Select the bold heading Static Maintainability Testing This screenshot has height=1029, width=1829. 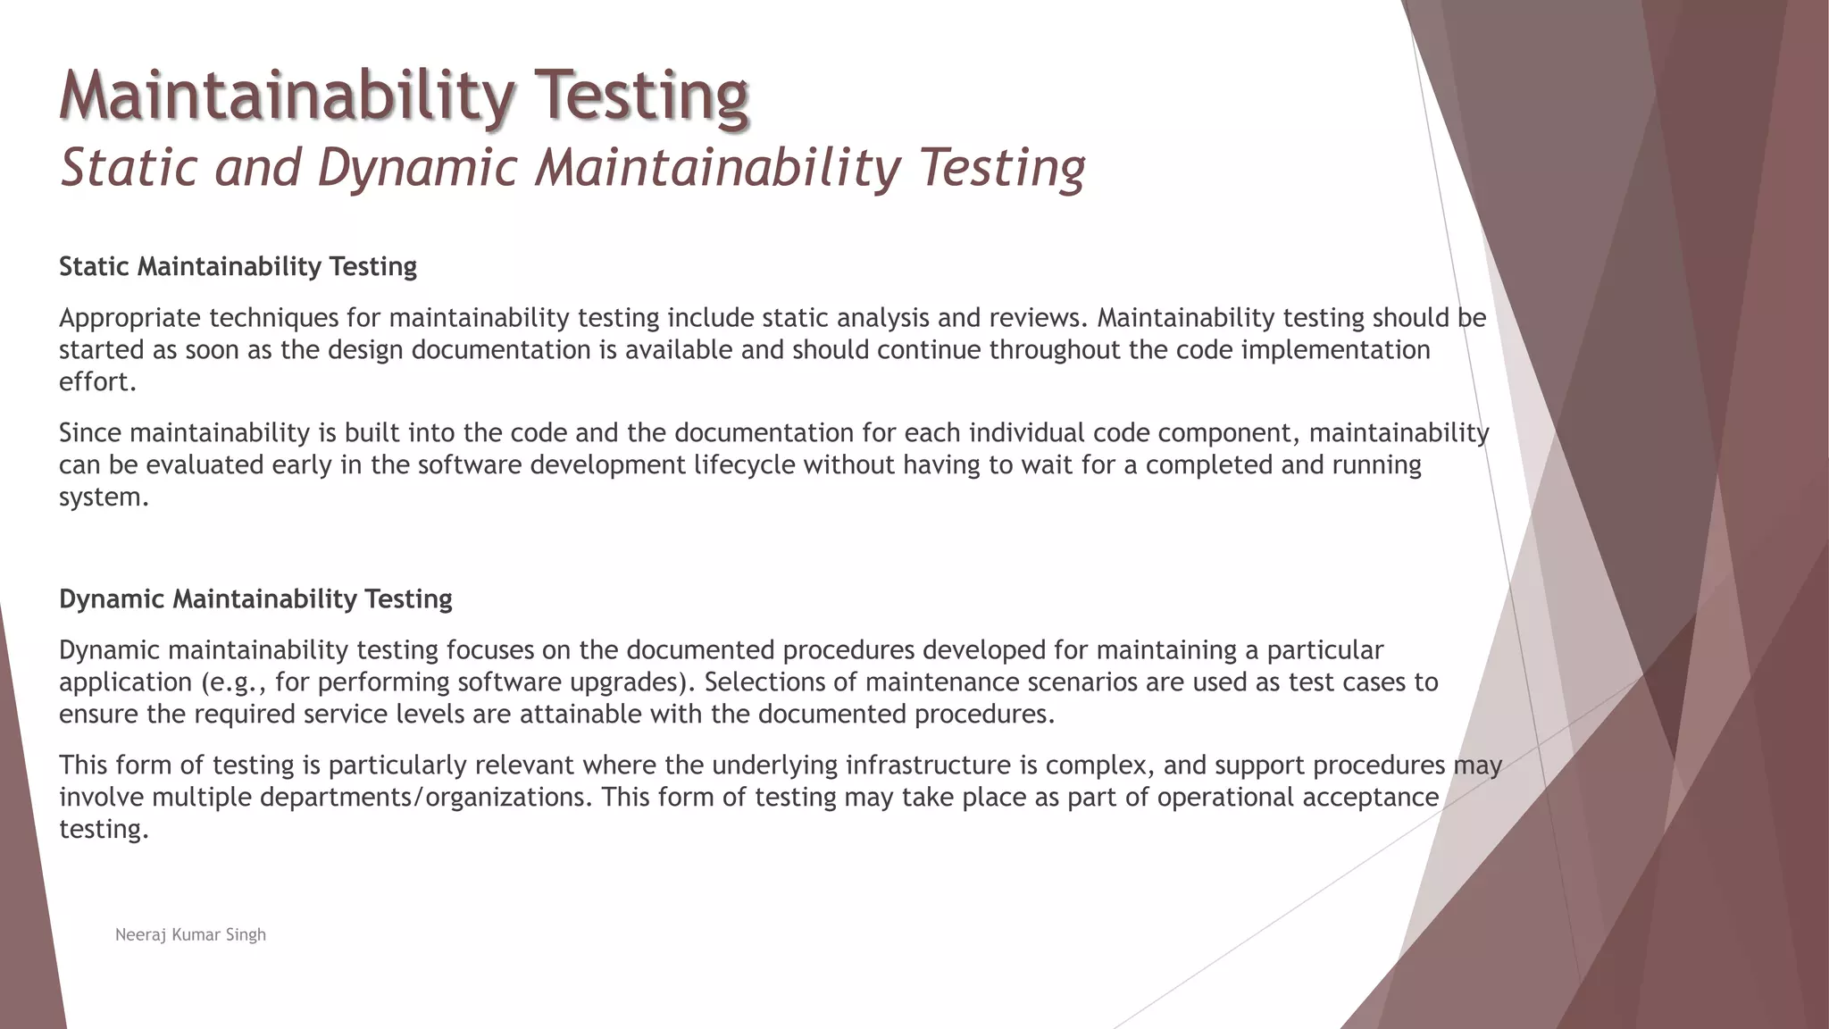238,266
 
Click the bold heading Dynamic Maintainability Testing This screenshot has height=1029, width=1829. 255,598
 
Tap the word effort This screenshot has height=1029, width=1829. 96,382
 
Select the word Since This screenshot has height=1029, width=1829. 90,433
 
